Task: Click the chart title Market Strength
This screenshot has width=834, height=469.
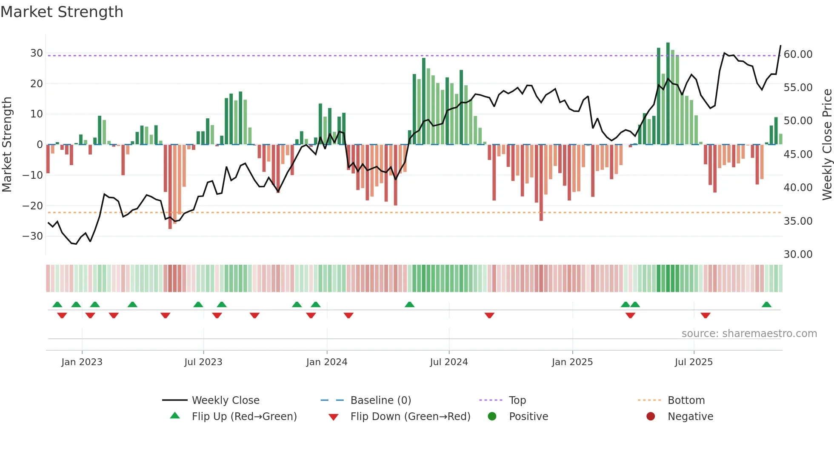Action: point(62,12)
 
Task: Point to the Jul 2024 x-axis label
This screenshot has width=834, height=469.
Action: point(448,362)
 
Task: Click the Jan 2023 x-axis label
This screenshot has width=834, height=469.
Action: point(82,362)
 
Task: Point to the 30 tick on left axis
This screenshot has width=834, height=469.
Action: point(37,53)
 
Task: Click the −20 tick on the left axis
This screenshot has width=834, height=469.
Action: point(33,206)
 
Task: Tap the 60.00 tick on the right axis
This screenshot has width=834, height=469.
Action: point(798,54)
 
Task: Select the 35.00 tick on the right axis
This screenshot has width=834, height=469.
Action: point(798,221)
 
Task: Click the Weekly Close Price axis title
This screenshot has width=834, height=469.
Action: point(827,145)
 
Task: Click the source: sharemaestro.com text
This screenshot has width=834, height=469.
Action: point(749,334)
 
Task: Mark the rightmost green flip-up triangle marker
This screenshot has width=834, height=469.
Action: point(766,305)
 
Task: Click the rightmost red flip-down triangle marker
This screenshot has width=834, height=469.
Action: point(705,315)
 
